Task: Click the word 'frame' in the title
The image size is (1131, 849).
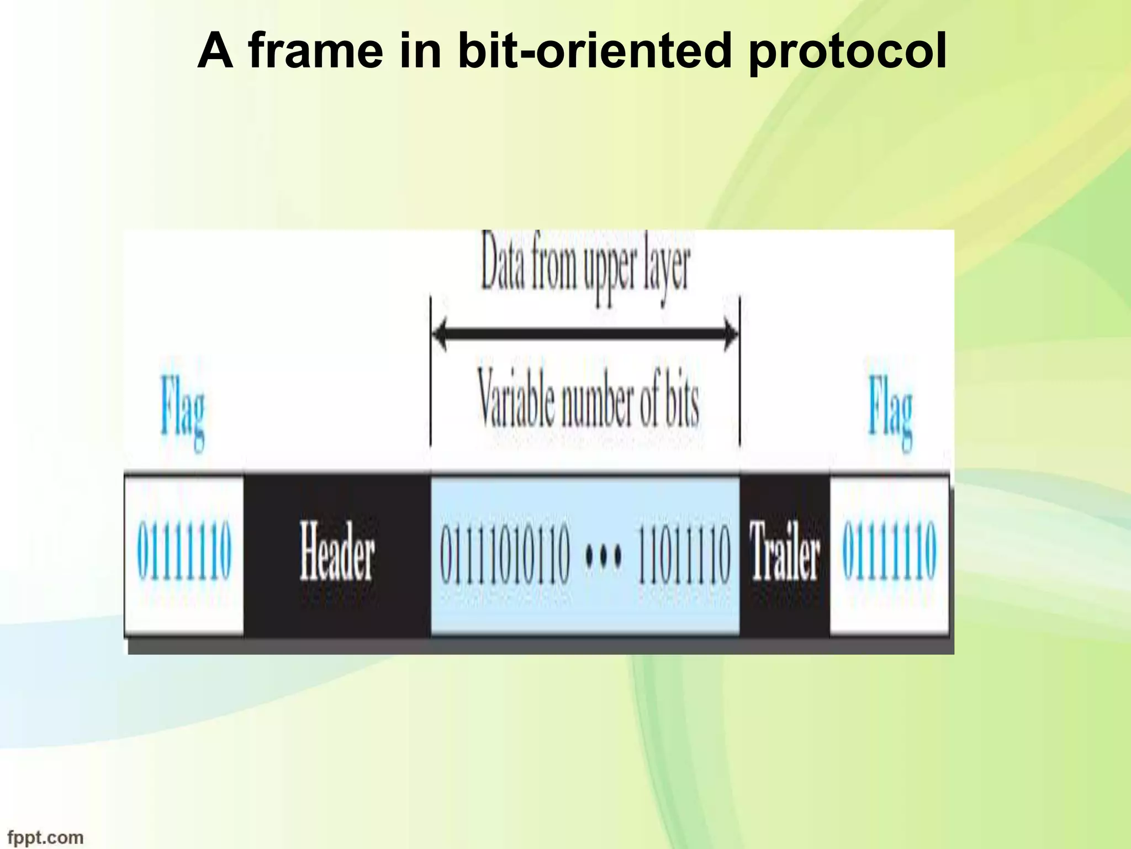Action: point(315,51)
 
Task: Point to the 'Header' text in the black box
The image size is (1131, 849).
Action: point(337,553)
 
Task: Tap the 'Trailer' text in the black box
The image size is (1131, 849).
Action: point(784,553)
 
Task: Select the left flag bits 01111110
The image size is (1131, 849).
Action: point(184,552)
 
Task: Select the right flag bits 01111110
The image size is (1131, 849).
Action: point(889,552)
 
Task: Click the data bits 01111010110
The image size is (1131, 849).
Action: point(504,553)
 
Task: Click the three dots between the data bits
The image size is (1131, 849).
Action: point(603,553)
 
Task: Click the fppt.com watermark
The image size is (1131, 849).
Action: point(45,837)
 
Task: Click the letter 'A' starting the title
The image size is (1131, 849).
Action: point(215,51)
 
